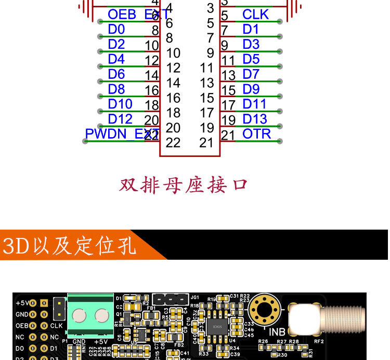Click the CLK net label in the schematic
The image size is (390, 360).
coord(255,14)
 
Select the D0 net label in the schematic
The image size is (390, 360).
coord(116,29)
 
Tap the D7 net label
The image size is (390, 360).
coord(251,74)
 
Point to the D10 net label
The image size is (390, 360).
coord(120,104)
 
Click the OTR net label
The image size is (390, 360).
coord(256,134)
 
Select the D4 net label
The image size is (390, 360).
coord(116,59)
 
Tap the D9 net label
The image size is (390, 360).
coord(251,89)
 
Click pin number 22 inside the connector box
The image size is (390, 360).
coord(173,142)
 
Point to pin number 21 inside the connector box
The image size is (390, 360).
coord(206,142)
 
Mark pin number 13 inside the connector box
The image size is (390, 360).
coord(206,83)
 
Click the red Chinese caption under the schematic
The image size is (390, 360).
coord(183,185)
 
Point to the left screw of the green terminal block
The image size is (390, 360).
coord(79,315)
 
